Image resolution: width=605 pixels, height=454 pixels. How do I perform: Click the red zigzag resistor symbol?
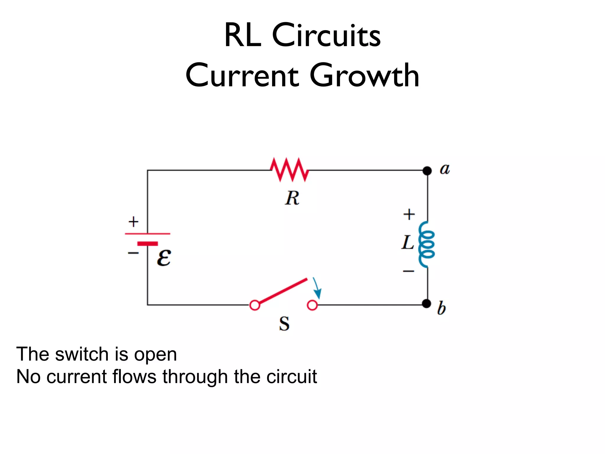(290, 170)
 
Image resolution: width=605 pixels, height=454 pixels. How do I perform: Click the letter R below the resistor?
(292, 198)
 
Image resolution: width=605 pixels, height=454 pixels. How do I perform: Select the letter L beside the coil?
(408, 243)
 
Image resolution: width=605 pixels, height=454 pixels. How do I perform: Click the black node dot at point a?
(427, 171)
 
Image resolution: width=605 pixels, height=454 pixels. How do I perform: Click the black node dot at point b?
(426, 304)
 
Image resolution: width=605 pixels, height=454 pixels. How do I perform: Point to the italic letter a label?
(445, 169)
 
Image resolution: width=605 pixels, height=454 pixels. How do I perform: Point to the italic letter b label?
(441, 308)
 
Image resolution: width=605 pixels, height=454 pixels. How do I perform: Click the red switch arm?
(283, 291)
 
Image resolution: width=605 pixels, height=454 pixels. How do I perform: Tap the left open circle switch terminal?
(255, 305)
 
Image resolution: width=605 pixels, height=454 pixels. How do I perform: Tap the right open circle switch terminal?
(312, 305)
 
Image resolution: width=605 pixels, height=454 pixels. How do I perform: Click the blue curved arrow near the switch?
(317, 288)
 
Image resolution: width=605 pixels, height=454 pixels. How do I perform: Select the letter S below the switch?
(284, 324)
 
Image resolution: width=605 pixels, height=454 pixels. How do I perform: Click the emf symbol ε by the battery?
(164, 258)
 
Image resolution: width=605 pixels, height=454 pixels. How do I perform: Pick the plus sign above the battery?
(133, 222)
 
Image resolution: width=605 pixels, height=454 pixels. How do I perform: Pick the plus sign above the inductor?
(409, 214)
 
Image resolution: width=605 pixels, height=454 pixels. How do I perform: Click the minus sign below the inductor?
(409, 271)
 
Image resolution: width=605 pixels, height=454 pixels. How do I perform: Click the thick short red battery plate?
(147, 244)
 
